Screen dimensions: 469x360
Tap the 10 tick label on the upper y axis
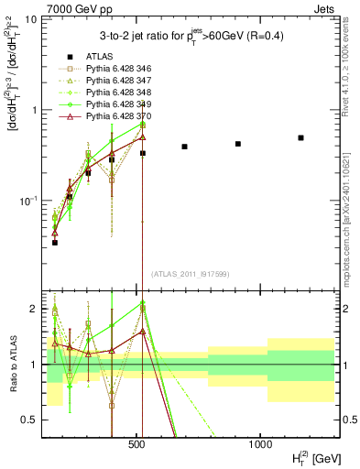pyautogui.click(x=29, y=19)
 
